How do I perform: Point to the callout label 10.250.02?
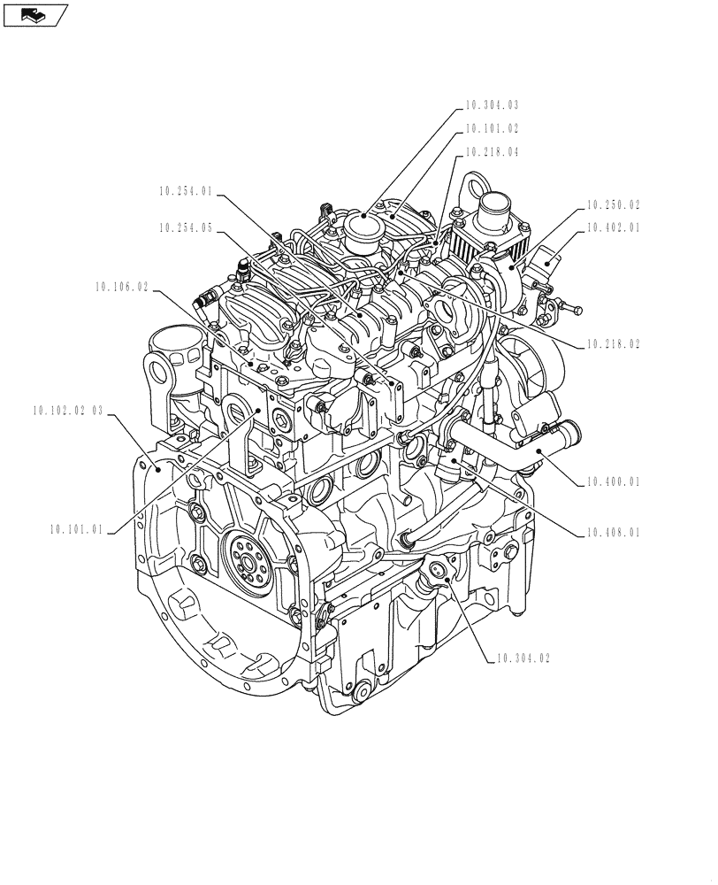point(613,204)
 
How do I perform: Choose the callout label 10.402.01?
point(613,228)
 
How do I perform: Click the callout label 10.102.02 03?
point(67,412)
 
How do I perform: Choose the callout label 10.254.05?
point(186,227)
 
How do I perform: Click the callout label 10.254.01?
point(186,190)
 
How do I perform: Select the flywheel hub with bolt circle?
point(247,558)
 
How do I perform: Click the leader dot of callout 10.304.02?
point(447,577)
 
